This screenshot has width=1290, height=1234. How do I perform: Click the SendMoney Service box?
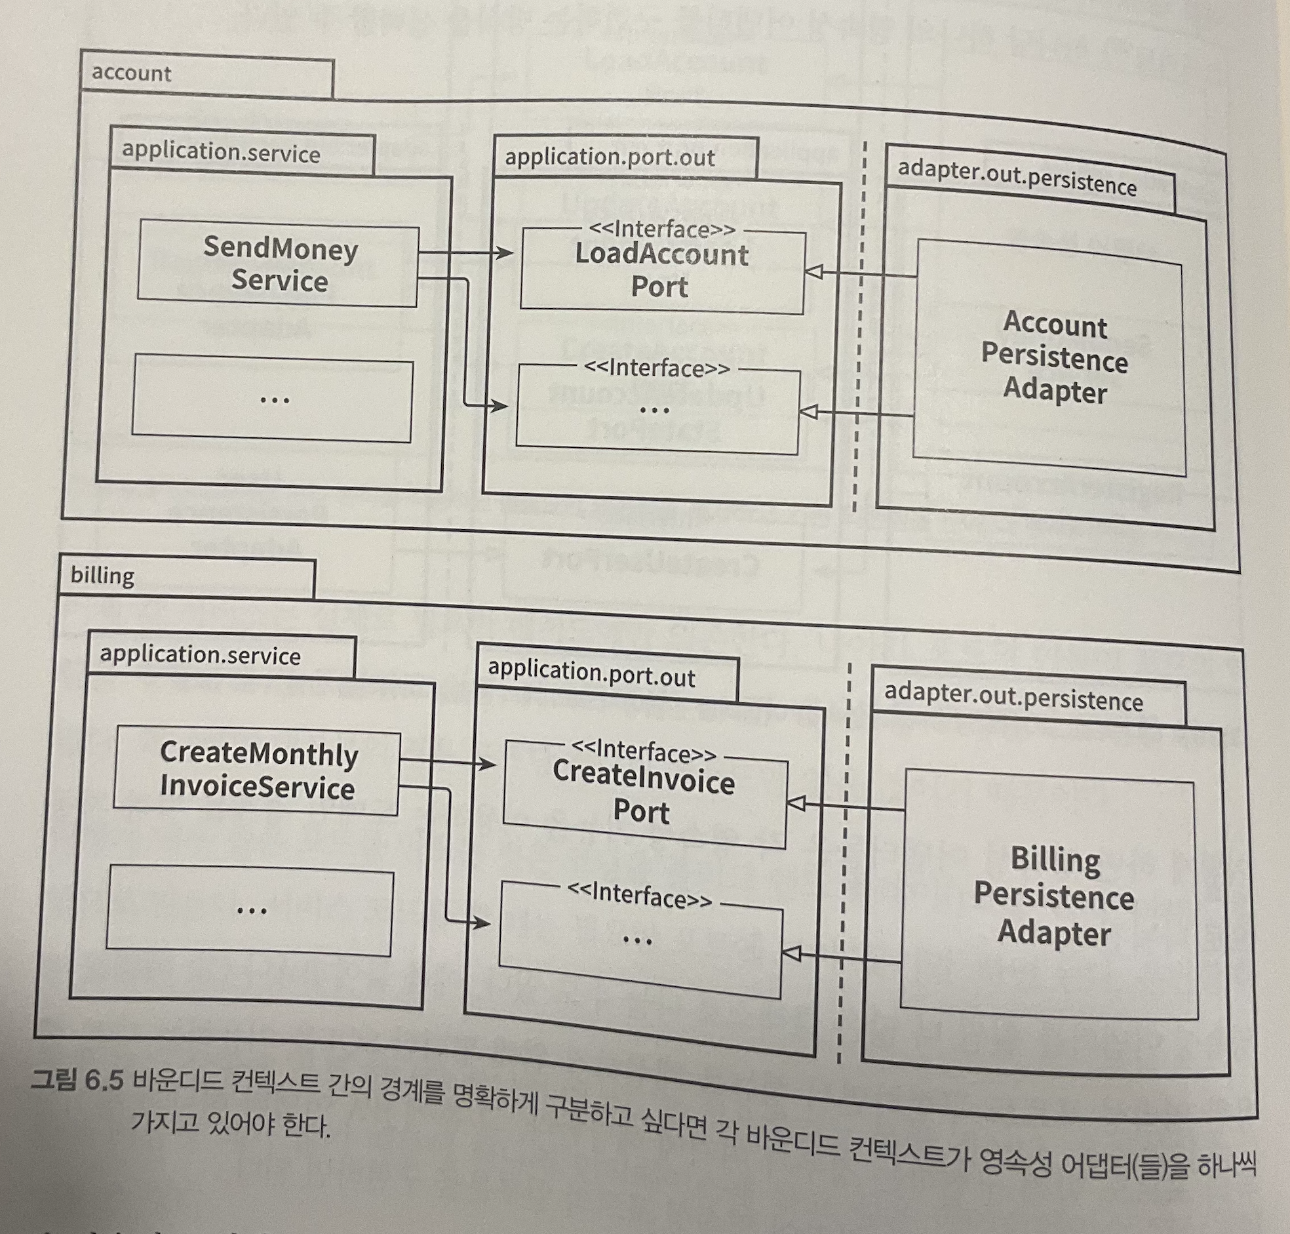coord(278,266)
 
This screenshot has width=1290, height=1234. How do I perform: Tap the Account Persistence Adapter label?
coord(1054,358)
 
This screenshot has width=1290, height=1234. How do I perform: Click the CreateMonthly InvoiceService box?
coord(257,772)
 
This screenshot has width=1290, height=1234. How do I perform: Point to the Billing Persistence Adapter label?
coord(1053,896)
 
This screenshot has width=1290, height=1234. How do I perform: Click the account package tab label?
coord(132,73)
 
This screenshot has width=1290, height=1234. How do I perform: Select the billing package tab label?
coord(102,576)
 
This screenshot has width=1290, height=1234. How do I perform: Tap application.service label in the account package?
coord(221,153)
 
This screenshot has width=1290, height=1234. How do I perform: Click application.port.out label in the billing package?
coord(591,673)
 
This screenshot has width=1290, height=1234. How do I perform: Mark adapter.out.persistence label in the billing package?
coord(1013,698)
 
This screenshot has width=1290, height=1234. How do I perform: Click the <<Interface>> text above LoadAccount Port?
coord(661,229)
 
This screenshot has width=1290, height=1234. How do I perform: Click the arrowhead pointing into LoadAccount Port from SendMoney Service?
coord(505,252)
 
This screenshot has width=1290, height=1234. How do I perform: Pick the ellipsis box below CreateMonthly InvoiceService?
coord(250,911)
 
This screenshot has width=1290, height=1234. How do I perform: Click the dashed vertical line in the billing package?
coord(845,855)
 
